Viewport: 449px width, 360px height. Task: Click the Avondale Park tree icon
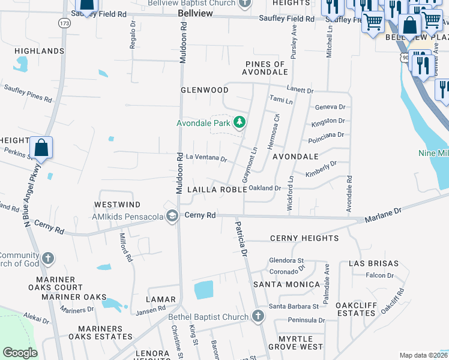pyautogui.click(x=240, y=123)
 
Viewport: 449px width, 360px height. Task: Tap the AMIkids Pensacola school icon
pyautogui.click(x=172, y=216)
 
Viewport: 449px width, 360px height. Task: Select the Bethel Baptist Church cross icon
pyautogui.click(x=258, y=316)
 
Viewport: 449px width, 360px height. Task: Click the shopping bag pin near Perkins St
pyautogui.click(x=41, y=148)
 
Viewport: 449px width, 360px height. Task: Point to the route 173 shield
pyautogui.click(x=64, y=23)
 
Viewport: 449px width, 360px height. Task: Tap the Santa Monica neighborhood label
pyautogui.click(x=286, y=284)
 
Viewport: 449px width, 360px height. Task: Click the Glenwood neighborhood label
pyautogui.click(x=205, y=90)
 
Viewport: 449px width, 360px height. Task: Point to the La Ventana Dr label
pyautogui.click(x=206, y=159)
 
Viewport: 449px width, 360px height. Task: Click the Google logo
pyautogui.click(x=20, y=353)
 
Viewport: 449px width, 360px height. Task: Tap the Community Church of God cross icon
pyautogui.click(x=48, y=259)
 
